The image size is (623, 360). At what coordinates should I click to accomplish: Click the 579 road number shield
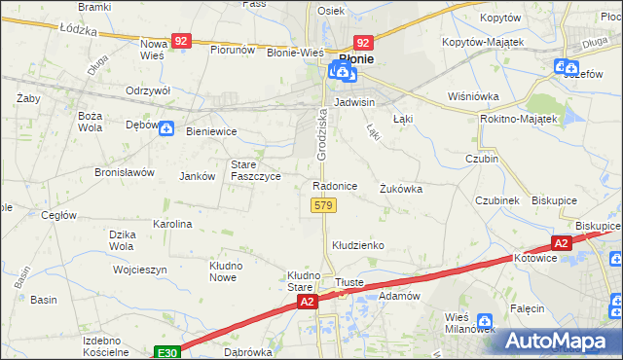323,205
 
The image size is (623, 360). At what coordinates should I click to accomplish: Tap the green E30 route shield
166,350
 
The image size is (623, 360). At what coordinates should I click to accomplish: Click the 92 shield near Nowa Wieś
181,42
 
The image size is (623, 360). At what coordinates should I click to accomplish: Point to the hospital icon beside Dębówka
166,127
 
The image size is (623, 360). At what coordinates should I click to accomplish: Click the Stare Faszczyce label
255,170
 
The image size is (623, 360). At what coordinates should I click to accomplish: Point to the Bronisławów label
125,172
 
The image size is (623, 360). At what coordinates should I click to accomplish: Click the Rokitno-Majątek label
518,119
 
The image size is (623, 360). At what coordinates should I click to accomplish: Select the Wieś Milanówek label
469,321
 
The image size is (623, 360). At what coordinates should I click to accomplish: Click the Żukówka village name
401,189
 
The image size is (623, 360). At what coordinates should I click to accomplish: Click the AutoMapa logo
557,341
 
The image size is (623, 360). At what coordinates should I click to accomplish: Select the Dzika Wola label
121,239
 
